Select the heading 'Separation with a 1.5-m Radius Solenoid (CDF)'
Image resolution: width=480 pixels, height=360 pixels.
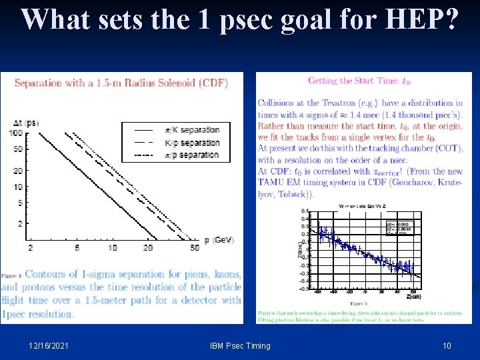point(121,83)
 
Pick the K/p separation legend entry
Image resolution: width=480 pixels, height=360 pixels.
point(191,143)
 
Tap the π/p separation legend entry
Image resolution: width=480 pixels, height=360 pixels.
point(191,155)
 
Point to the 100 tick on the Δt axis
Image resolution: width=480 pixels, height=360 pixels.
point(17,134)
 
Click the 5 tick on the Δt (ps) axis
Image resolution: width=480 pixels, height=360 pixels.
point(21,203)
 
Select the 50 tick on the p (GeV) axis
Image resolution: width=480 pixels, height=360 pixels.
point(194,248)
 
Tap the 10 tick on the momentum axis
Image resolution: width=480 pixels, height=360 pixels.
point(111,248)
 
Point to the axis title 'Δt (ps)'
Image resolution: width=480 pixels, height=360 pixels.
point(26,123)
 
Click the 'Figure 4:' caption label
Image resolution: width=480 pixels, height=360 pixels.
point(11,275)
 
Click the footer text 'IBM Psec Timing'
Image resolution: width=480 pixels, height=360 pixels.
point(240,345)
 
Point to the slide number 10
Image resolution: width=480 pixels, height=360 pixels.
point(447,345)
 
